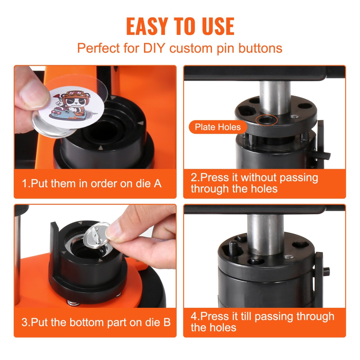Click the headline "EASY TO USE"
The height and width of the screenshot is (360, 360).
pos(180,26)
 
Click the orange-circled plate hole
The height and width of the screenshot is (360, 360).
pos(266,120)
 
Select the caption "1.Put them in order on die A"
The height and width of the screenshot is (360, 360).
pos(91,184)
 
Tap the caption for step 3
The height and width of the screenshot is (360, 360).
pos(96,322)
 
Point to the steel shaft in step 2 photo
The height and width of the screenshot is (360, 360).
pos(276,97)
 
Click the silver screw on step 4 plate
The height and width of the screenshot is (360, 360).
pos(289,257)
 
